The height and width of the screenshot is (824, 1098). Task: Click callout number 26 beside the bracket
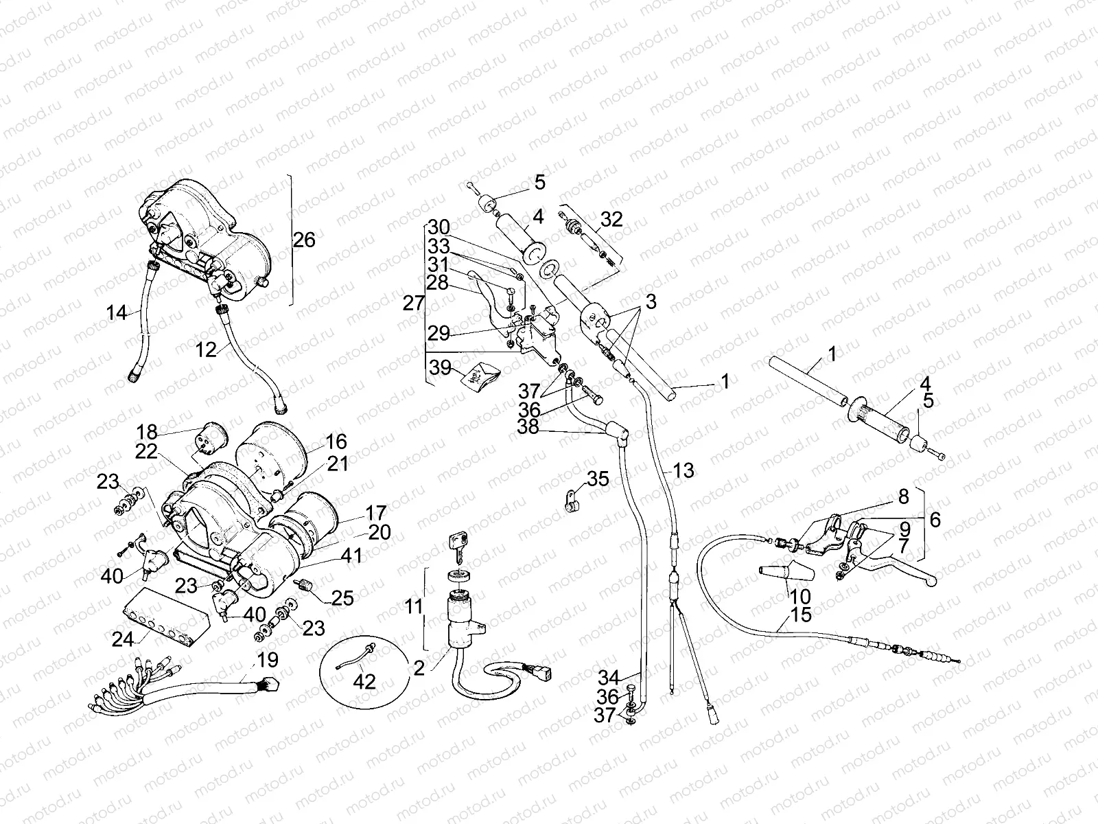[304, 240]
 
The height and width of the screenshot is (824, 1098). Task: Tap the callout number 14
[117, 313]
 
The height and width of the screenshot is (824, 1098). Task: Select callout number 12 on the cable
[206, 350]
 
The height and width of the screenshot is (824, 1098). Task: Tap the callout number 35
[598, 479]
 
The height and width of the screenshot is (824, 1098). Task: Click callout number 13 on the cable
[684, 470]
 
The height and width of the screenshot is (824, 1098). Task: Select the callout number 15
[801, 615]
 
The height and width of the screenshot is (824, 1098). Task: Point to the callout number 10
[800, 597]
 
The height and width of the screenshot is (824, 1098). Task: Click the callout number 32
[611, 219]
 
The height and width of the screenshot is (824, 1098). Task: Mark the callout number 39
[441, 368]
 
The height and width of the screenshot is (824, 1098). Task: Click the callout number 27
[413, 303]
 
